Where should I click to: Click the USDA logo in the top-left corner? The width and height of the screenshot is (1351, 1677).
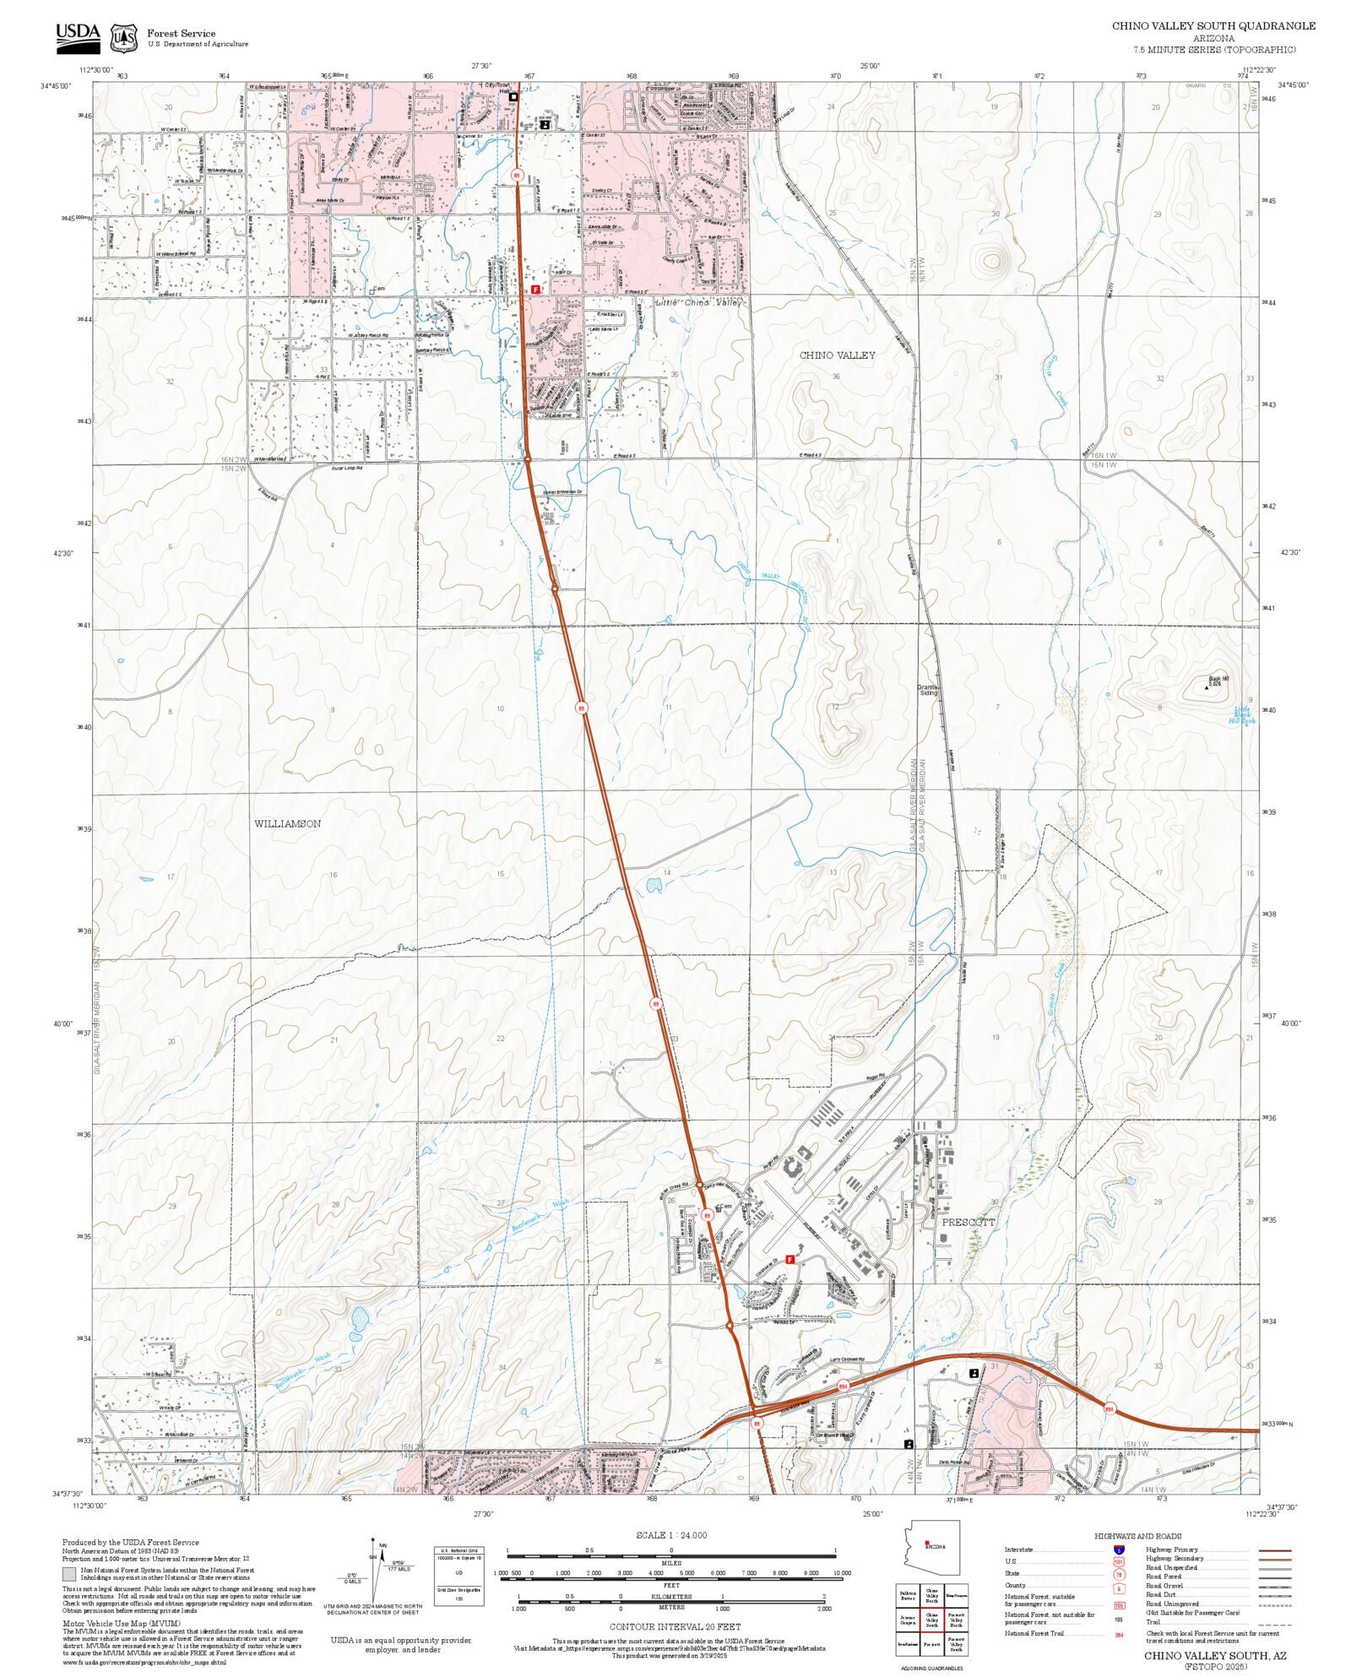[x=78, y=38]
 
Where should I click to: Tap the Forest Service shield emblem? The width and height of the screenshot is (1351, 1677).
[x=125, y=38]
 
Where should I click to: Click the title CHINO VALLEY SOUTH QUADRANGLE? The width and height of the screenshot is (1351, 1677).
[x=1213, y=26]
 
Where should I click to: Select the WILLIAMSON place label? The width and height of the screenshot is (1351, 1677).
[x=287, y=823]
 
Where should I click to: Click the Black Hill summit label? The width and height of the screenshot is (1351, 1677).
[x=1218, y=680]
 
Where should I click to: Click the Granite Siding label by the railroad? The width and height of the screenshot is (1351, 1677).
[x=928, y=690]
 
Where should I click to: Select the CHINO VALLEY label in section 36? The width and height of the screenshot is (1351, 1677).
[x=837, y=355]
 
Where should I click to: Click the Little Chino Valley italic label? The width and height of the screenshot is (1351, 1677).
[x=697, y=302]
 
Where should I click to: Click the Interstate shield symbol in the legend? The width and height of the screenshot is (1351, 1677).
[x=1119, y=1550]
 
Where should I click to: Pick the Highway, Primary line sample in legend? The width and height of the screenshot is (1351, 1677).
[x=1274, y=1550]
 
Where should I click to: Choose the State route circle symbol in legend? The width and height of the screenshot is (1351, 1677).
[x=1119, y=1574]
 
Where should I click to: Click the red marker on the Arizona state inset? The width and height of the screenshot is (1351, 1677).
[x=927, y=1544]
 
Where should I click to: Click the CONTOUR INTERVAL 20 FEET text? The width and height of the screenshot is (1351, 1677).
[x=675, y=1626]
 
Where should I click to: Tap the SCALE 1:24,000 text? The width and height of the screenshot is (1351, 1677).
[x=671, y=1535]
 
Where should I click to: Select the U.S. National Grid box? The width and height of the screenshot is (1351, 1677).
[x=459, y=1576]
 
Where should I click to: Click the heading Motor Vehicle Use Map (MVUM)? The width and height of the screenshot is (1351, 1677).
[x=121, y=1623]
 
